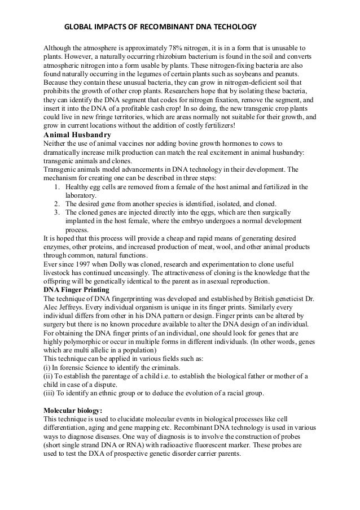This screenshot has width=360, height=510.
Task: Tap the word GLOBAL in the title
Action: click(x=78, y=27)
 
